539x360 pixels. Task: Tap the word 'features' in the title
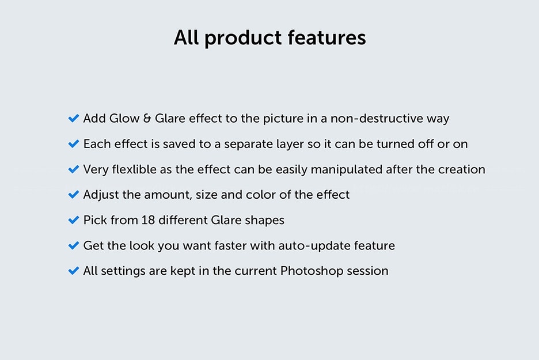pos(327,37)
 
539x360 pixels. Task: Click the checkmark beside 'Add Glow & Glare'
pos(74,118)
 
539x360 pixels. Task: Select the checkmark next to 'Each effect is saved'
pos(74,144)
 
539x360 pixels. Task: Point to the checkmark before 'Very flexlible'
pos(74,169)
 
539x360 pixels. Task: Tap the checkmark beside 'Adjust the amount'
pos(74,195)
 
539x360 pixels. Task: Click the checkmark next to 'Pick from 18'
pos(74,220)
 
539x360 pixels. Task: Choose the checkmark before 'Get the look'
pos(74,245)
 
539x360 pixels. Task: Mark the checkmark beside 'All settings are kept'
pos(74,271)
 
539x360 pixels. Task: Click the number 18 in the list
pos(148,220)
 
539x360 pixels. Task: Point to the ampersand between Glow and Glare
pos(147,118)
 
